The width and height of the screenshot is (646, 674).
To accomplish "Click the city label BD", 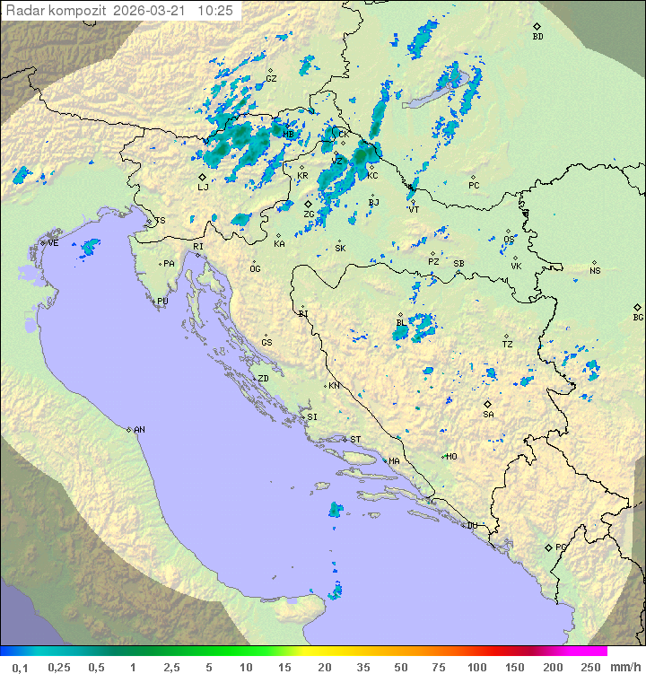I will click(537, 37).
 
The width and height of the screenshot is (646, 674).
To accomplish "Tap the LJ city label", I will click(203, 188).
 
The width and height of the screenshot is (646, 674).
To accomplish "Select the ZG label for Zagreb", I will click(309, 214).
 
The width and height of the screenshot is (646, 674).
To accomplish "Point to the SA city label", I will click(488, 415).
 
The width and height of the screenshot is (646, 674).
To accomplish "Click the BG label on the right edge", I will click(638, 318).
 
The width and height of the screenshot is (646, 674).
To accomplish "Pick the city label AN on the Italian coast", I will click(139, 430).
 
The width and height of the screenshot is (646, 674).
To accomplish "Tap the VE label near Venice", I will click(53, 243).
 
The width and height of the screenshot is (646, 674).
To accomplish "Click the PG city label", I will click(561, 547).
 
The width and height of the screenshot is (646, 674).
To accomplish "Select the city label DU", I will click(472, 526).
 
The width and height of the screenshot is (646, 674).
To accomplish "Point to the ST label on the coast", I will click(355, 440).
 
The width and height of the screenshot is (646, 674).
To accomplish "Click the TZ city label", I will click(507, 345).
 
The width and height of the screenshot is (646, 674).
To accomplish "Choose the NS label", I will click(595, 271).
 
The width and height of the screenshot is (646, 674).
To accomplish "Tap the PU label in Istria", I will click(162, 302).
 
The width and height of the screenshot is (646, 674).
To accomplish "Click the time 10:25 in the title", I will click(215, 11).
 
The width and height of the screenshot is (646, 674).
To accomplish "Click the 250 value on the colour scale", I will click(590, 667).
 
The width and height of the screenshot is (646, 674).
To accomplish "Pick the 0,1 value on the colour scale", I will click(20, 667).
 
